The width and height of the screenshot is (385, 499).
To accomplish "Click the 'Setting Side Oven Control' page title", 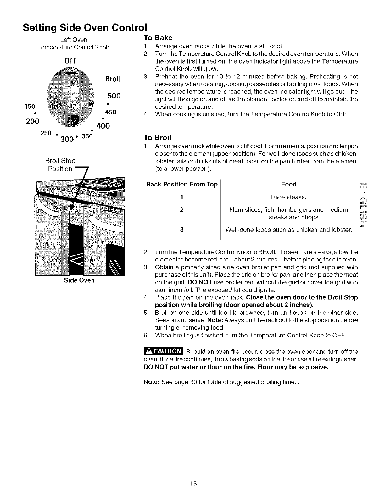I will pyautogui.click(x=85, y=27).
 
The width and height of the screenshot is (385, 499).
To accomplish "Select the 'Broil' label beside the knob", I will pyautogui.click(x=113, y=79).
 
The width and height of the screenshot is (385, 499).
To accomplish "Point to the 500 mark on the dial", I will pyautogui.click(x=114, y=96).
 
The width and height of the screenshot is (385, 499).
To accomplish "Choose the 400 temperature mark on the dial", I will pyautogui.click(x=103, y=126).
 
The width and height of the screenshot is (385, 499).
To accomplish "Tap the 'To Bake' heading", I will pyautogui.click(x=158, y=38).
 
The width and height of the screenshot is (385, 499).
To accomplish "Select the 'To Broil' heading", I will pyautogui.click(x=158, y=138).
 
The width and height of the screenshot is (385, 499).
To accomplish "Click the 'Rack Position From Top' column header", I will pyautogui.click(x=182, y=185).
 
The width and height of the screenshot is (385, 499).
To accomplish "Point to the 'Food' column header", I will pyautogui.click(x=289, y=185).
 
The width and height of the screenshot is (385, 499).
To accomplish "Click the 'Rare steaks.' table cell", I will pyautogui.click(x=289, y=197).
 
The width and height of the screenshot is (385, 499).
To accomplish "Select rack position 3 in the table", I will pyautogui.click(x=182, y=230).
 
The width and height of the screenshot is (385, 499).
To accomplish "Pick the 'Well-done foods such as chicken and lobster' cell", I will pyautogui.click(x=289, y=230).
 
